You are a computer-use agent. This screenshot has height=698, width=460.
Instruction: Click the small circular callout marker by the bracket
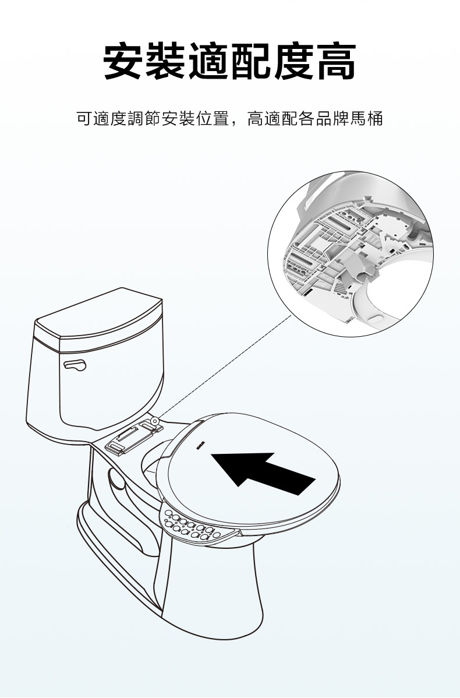pos(155,421)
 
